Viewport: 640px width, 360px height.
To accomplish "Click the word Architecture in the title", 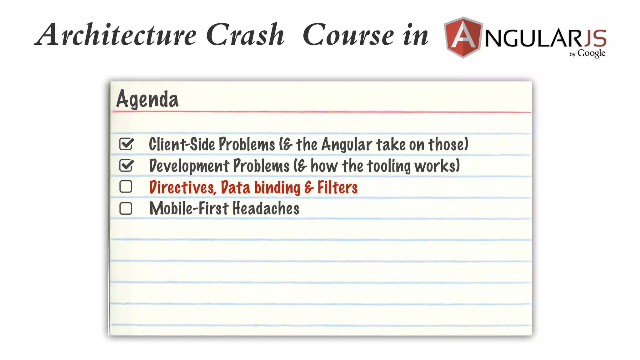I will pyautogui.click(x=116, y=35).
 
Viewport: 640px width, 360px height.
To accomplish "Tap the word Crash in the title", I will pyautogui.click(x=245, y=35).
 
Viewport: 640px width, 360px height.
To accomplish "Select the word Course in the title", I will pyautogui.click(x=348, y=35).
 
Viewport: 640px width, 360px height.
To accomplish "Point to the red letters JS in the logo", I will pyautogui.click(x=595, y=38).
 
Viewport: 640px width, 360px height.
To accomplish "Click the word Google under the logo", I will pyautogui.click(x=591, y=53).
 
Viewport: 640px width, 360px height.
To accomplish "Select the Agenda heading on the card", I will pyautogui.click(x=147, y=99).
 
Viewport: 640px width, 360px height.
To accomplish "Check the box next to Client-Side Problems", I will pyautogui.click(x=126, y=144).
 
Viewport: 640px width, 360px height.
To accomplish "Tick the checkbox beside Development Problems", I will pyautogui.click(x=126, y=165).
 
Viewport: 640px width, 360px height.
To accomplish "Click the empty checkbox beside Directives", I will pyautogui.click(x=126, y=187).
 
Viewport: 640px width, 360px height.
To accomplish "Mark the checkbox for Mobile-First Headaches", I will pyautogui.click(x=126, y=208).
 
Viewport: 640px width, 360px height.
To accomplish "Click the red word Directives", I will pyautogui.click(x=182, y=187).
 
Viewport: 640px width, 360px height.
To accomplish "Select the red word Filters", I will pyautogui.click(x=337, y=187).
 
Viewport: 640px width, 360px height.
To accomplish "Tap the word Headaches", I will pyautogui.click(x=266, y=208).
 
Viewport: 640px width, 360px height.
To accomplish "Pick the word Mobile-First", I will pyautogui.click(x=189, y=208).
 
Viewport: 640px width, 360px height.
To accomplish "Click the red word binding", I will pyautogui.click(x=277, y=188).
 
